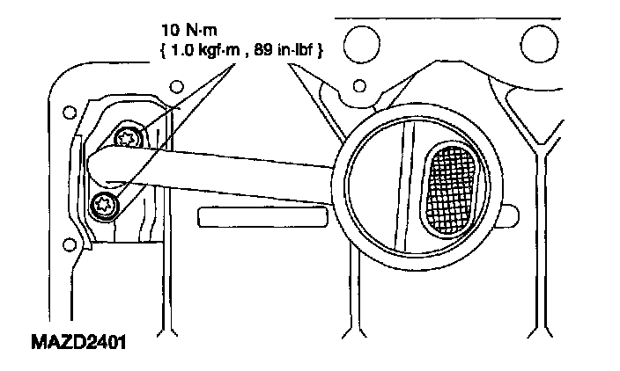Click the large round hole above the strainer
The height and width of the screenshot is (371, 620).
360,40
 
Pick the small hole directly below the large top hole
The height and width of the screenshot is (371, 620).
358,86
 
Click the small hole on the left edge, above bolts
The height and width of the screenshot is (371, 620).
68,112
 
